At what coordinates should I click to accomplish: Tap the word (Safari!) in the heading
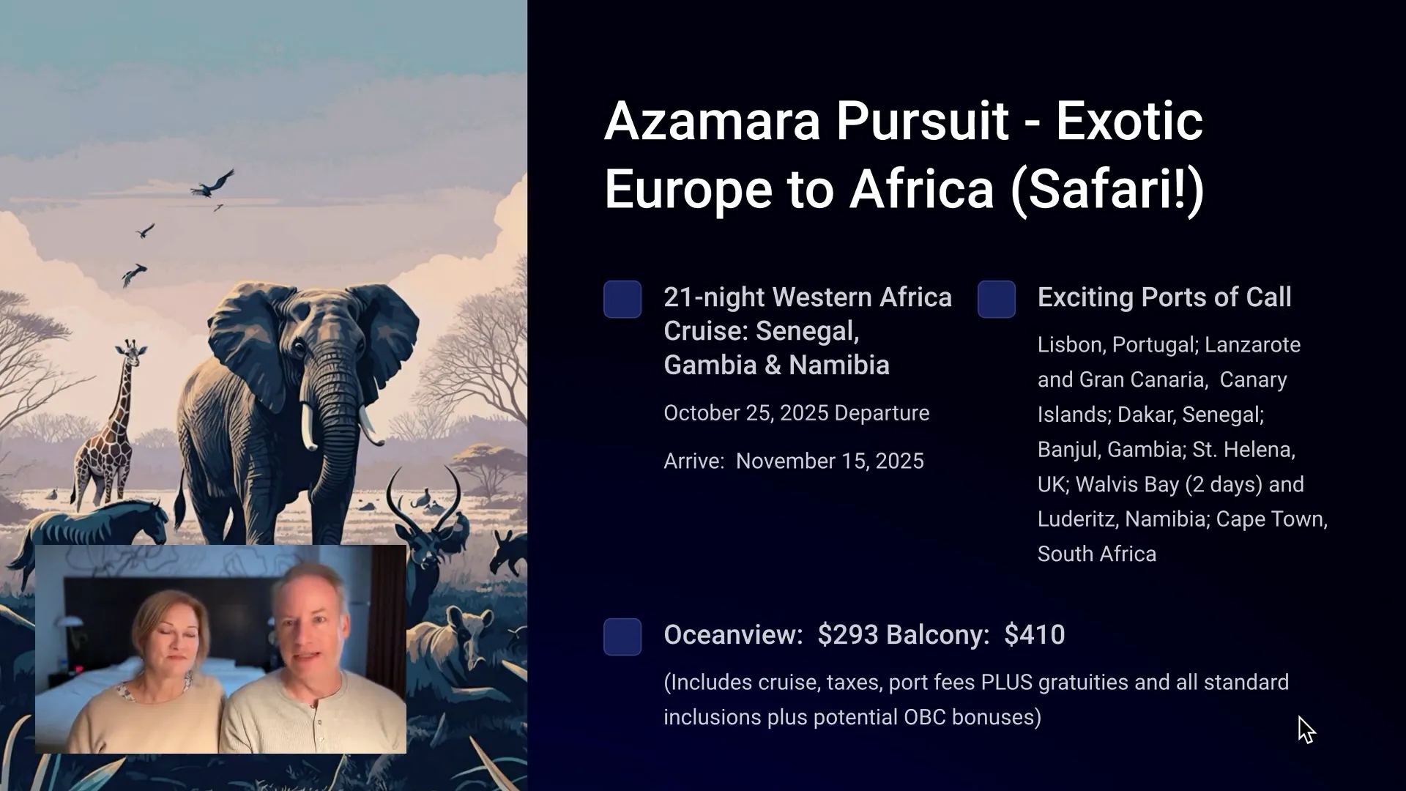pos(1106,189)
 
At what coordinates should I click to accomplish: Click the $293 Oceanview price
pos(845,635)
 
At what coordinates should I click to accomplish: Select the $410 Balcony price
pos(1034,635)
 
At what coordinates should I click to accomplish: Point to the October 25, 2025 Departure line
pos(796,413)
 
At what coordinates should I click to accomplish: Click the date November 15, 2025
pos(830,461)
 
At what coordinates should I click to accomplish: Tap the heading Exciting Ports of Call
pos(1164,297)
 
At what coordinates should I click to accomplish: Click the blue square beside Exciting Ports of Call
pos(996,299)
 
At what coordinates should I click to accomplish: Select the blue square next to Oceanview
pos(622,636)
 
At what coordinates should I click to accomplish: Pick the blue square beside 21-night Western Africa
pos(622,299)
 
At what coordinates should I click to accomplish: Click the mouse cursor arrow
pos(1306,729)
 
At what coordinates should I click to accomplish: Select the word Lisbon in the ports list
pos(1071,345)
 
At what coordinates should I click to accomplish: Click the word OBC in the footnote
pos(924,717)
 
